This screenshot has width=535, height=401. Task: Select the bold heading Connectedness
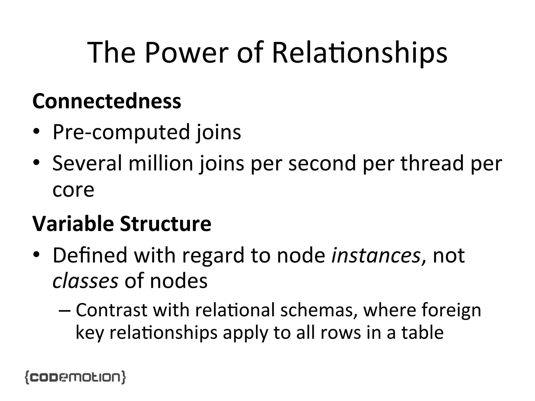pyautogui.click(x=107, y=101)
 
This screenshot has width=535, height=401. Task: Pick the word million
pyautogui.click(x=161, y=163)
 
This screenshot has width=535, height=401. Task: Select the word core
pyautogui.click(x=73, y=190)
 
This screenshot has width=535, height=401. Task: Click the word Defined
pyautogui.click(x=90, y=255)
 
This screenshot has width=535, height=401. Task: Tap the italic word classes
pyautogui.click(x=85, y=281)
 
